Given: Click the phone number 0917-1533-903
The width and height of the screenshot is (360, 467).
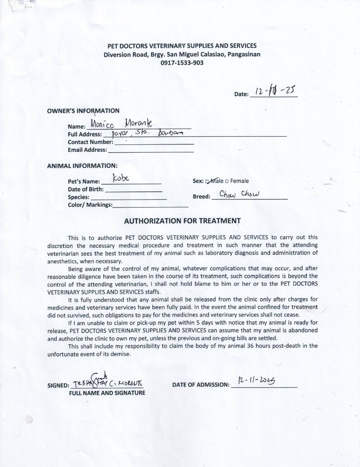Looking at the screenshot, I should click(x=182, y=63).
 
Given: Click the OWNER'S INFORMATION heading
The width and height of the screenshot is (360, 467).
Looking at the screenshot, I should click(x=83, y=111).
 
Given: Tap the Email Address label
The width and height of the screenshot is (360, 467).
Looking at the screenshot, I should click(x=87, y=150).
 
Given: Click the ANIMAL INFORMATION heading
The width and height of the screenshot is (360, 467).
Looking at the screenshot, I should click(x=82, y=166).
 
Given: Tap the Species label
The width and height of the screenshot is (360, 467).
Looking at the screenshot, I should click(x=78, y=197).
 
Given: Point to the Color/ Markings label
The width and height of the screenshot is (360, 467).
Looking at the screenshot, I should click(x=90, y=205).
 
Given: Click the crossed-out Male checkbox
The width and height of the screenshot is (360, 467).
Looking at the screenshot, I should click(x=208, y=181).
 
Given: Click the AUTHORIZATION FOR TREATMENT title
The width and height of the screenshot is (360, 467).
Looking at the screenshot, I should click(x=182, y=221).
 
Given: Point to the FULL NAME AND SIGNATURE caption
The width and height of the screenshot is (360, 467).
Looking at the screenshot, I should click(x=107, y=393).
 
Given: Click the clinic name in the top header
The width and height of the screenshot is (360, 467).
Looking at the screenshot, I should click(x=182, y=46).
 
